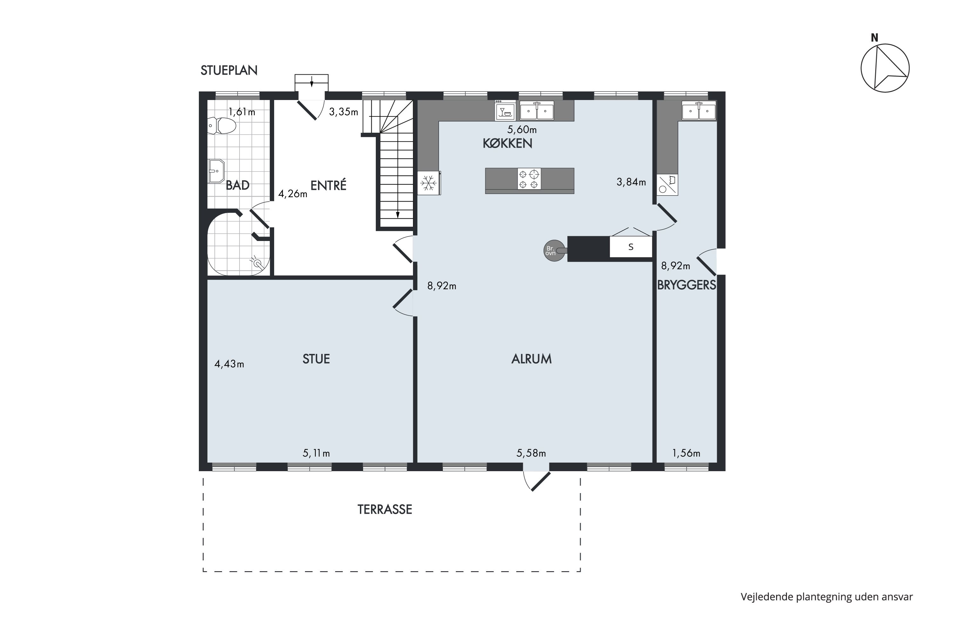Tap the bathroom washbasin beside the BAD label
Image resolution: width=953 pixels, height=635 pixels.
tap(216, 171)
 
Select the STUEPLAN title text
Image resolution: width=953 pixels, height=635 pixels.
tap(229, 70)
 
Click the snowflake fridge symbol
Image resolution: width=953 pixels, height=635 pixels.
tap(429, 184)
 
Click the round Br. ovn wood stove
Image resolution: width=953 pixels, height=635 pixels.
tap(554, 251)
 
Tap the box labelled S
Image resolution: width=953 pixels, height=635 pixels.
tap(631, 247)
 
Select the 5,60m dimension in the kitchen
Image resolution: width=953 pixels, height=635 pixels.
tap(522, 130)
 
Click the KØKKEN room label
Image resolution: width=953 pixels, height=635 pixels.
tap(507, 144)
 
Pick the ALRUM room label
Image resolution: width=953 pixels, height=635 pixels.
tap(531, 359)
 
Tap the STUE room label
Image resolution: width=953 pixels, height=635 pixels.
tap(316, 359)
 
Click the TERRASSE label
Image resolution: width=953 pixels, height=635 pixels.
tap(384, 510)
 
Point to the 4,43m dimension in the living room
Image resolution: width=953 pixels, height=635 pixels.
tap(229, 364)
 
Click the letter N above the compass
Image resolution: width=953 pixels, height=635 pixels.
tap(875, 38)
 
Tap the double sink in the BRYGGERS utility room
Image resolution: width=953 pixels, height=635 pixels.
tap(699, 111)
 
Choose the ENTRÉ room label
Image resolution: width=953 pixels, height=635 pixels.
tap(328, 185)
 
